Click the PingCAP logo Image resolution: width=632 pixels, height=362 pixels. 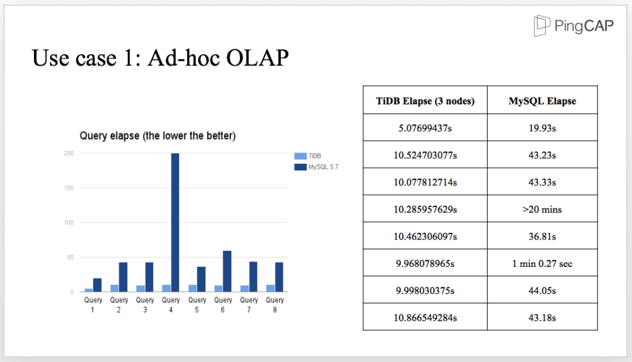573,25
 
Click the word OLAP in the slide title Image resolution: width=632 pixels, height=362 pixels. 257,57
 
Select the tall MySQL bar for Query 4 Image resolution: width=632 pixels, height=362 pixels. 175,222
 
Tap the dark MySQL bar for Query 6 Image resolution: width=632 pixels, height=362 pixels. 227,271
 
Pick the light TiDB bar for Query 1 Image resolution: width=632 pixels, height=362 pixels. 89,290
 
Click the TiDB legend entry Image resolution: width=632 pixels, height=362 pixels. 308,156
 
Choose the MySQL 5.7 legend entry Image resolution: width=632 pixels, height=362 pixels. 317,167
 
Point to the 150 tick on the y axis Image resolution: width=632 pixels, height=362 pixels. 69,188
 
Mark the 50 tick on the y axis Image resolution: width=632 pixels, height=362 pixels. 70,257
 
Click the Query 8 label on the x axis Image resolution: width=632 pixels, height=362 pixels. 275,305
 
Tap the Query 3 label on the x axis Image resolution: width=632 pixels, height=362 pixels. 145,305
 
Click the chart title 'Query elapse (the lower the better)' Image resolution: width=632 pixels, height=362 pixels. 157,136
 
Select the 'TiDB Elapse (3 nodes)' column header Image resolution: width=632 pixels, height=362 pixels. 425,101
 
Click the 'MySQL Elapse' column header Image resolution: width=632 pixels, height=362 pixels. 542,101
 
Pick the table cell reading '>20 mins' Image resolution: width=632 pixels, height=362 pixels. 542,209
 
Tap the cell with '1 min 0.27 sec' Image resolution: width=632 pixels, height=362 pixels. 542,263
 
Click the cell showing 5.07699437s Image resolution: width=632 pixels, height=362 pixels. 425,128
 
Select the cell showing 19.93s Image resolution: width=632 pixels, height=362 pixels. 542,128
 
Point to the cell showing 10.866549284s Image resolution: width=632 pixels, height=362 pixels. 425,318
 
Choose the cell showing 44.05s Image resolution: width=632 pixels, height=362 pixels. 542,290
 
